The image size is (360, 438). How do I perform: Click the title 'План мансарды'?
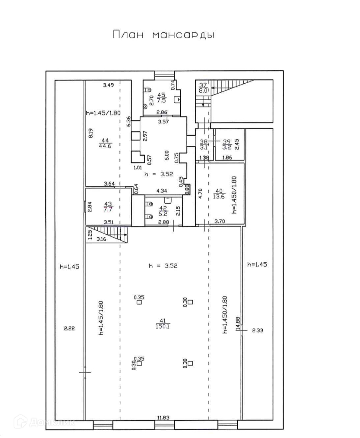point(164,35)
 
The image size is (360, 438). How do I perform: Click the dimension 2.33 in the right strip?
point(258,331)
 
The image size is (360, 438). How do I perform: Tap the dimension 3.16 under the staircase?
point(101,239)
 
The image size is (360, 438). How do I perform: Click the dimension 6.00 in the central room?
point(167,155)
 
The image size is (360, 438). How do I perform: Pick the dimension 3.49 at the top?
point(108,85)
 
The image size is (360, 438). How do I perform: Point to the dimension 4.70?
point(200,193)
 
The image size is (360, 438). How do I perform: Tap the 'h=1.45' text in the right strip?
point(257,264)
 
